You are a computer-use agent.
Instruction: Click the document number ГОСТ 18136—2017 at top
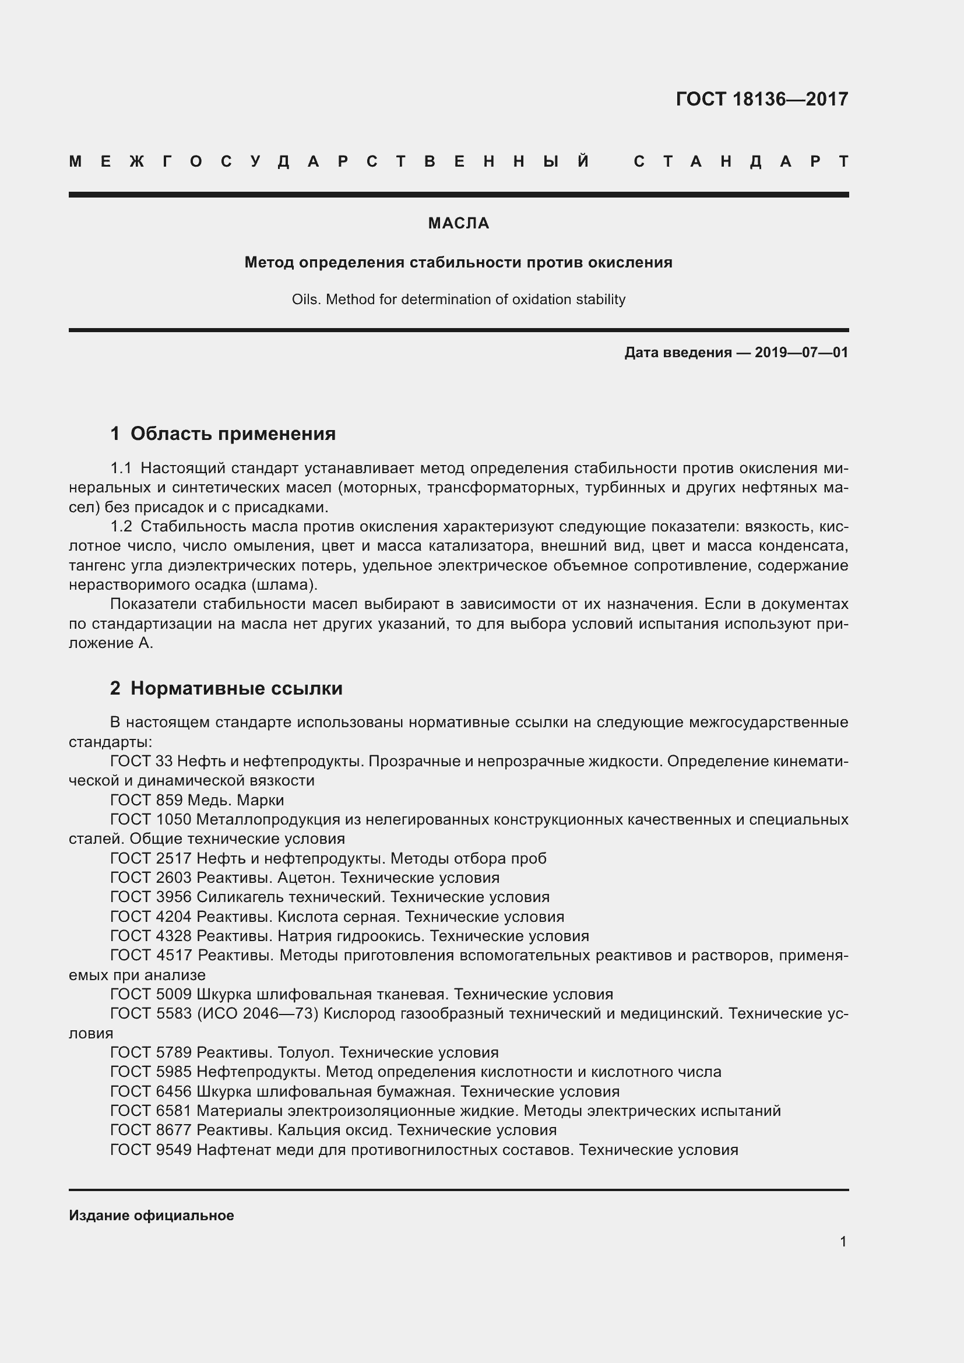click(762, 98)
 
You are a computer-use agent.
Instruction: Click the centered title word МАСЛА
click(458, 223)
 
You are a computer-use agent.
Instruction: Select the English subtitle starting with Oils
click(458, 299)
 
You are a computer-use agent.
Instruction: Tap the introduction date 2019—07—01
click(801, 353)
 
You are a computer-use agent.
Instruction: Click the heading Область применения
click(233, 434)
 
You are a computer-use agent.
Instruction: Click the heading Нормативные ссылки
click(236, 688)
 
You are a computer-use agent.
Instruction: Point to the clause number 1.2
click(121, 527)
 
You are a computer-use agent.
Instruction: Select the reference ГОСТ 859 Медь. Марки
click(197, 800)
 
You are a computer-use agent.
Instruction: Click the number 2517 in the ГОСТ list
click(173, 858)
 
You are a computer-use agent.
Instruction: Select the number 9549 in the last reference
click(173, 1150)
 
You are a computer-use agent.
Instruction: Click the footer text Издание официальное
click(152, 1215)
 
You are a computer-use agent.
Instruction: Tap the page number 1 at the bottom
click(843, 1241)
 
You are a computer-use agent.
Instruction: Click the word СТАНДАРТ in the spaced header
click(741, 161)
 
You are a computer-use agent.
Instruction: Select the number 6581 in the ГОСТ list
click(173, 1111)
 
